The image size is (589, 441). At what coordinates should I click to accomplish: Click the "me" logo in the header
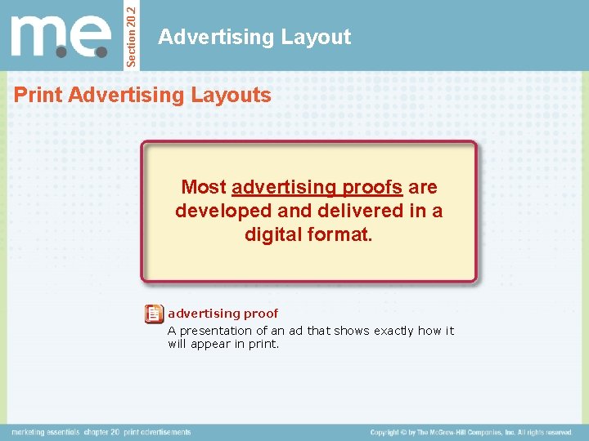click(x=61, y=37)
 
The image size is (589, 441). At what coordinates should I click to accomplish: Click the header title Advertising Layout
click(x=254, y=37)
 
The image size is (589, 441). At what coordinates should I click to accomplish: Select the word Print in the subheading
click(x=39, y=96)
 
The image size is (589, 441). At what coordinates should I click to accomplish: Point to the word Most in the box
click(x=204, y=188)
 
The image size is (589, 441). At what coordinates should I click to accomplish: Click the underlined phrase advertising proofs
click(x=317, y=188)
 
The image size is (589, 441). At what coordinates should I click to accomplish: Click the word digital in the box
click(x=275, y=234)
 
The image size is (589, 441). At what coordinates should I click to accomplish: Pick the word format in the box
click(x=339, y=234)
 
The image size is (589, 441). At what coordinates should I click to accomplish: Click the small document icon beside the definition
click(x=154, y=314)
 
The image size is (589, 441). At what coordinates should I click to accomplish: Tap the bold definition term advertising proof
click(x=223, y=314)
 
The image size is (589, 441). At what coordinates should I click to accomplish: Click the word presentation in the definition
click(x=215, y=331)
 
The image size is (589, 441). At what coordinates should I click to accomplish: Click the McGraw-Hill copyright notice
click(x=470, y=432)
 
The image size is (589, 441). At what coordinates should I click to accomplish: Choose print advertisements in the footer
click(x=157, y=432)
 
